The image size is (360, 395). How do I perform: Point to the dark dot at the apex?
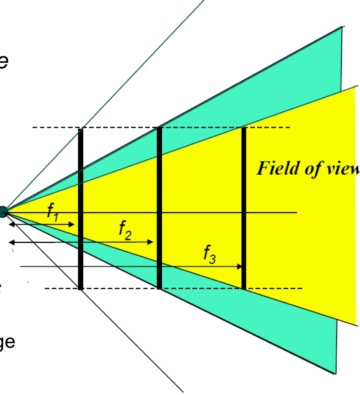(x=3, y=212)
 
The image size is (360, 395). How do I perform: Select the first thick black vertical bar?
(x=81, y=209)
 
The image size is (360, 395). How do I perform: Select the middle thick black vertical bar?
(x=159, y=209)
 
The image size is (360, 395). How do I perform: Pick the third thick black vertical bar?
(x=244, y=209)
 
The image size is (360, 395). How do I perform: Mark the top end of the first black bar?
(x=81, y=129)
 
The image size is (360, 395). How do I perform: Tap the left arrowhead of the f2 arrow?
(x=11, y=242)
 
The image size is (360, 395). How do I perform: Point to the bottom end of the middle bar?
(x=159, y=288)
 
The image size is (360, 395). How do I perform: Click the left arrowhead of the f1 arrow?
(x=11, y=225)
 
